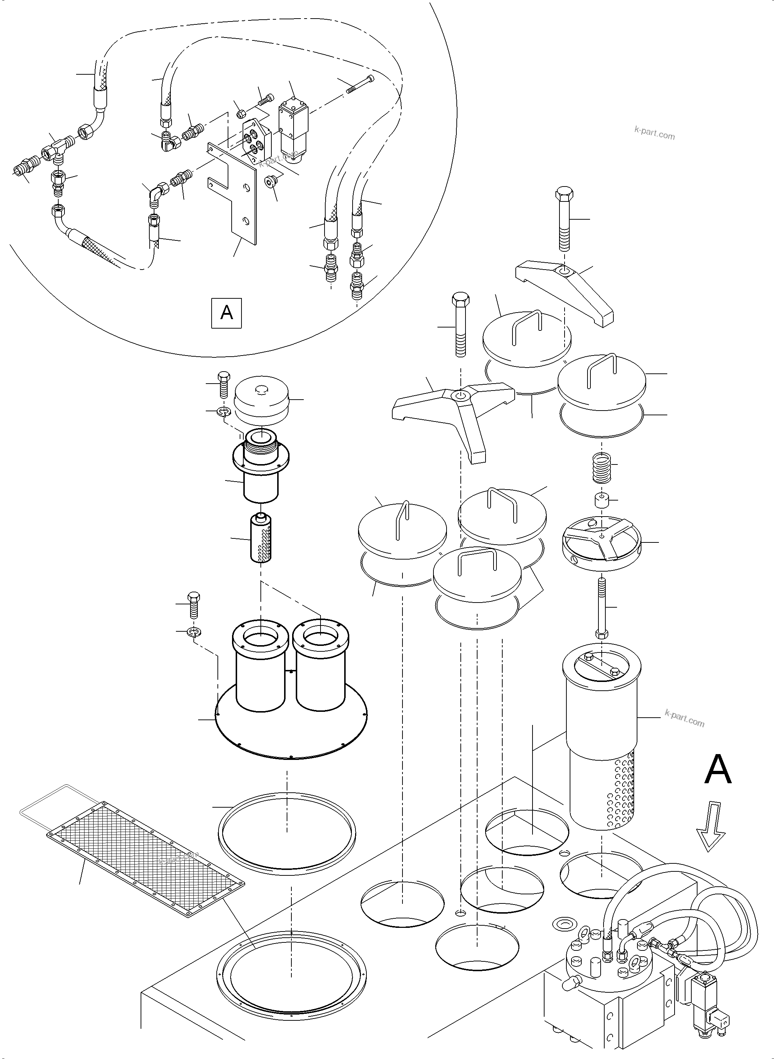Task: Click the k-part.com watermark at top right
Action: (x=654, y=134)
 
